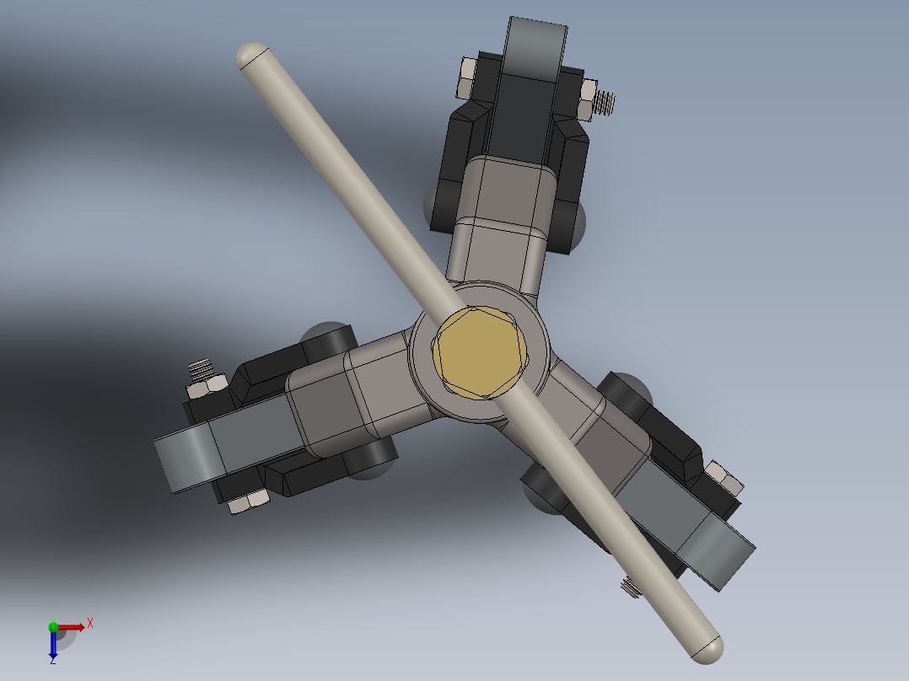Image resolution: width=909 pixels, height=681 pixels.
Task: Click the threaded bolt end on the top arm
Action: [x=604, y=103]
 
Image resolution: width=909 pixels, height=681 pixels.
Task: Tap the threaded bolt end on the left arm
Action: [x=199, y=369]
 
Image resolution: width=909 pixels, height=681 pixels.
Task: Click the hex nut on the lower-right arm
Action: [x=725, y=479]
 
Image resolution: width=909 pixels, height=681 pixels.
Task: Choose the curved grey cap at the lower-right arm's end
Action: [x=718, y=553]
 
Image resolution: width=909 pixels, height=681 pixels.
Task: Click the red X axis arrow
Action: [x=73, y=626]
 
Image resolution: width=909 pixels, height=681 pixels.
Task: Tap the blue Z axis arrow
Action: [x=53, y=646]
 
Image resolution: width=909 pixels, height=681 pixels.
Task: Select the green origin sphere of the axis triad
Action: [x=53, y=626]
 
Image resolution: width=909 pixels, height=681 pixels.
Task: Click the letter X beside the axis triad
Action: [x=90, y=623]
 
